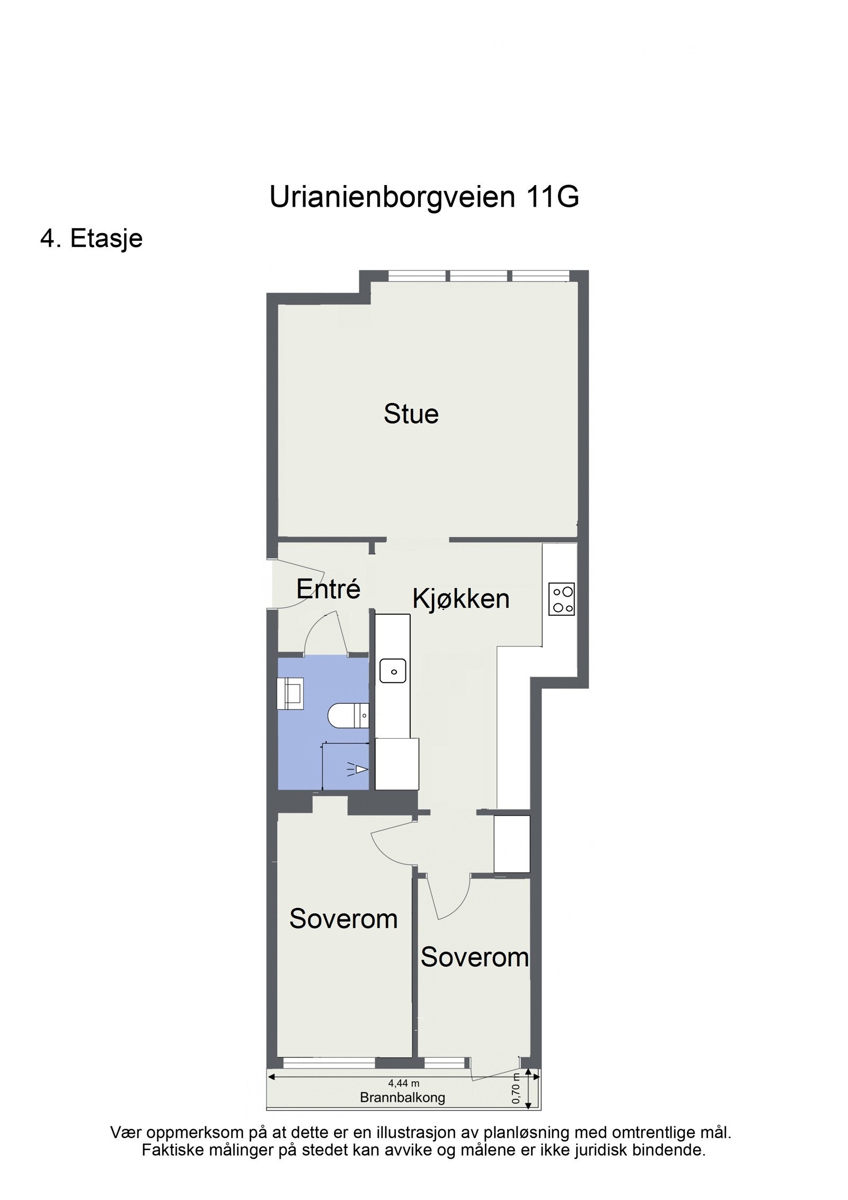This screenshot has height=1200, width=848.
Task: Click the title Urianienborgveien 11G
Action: coord(424,197)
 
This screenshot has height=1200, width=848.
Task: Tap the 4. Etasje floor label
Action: coord(91,239)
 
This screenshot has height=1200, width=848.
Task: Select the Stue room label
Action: coord(411,414)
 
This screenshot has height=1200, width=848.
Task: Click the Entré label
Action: coord(328,589)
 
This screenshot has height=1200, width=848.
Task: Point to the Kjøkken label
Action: coord(461,599)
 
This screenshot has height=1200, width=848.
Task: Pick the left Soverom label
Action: coord(343,919)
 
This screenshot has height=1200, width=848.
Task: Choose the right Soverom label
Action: coord(474,958)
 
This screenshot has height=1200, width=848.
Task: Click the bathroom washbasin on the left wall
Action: coord(290,693)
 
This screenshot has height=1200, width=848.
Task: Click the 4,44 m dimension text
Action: coord(404,1084)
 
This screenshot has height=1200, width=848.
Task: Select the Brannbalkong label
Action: coord(402,1097)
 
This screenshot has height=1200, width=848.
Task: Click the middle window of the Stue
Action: coord(479,276)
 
